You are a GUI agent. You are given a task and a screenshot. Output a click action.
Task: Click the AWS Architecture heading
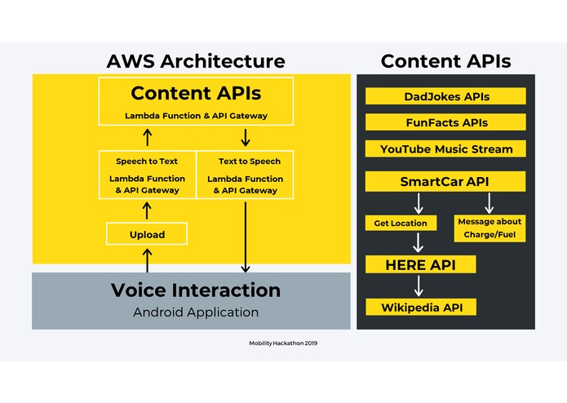click(196, 61)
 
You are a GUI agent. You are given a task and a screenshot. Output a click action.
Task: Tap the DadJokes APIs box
click(445, 96)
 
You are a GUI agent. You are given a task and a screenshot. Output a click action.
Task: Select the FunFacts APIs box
click(445, 122)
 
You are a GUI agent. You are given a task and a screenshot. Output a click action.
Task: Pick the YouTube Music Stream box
click(445, 148)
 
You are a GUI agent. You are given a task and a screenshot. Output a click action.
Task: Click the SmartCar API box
click(445, 181)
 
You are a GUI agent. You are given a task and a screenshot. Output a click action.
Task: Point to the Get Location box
click(401, 223)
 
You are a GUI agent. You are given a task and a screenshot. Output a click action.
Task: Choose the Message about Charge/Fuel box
click(489, 228)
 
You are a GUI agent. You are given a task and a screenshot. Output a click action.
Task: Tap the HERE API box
click(419, 264)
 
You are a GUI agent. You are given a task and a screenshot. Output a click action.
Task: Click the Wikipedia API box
click(419, 307)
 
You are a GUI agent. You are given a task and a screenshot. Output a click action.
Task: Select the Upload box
click(147, 234)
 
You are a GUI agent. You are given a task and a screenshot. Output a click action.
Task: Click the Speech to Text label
click(147, 162)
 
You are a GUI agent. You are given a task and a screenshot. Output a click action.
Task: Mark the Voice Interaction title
click(196, 290)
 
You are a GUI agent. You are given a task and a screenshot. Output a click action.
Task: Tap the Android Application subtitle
click(196, 312)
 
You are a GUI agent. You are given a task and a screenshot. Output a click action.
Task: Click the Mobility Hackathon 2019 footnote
click(283, 343)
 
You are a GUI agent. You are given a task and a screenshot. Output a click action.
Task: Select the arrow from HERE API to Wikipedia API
click(419, 286)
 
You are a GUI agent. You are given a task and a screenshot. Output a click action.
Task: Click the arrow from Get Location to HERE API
click(419, 242)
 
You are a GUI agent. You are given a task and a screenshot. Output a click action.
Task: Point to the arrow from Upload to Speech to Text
click(147, 211)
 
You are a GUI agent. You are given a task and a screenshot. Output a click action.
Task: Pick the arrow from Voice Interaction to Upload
click(147, 259)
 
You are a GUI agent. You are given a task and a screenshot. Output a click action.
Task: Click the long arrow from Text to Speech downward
click(246, 237)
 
